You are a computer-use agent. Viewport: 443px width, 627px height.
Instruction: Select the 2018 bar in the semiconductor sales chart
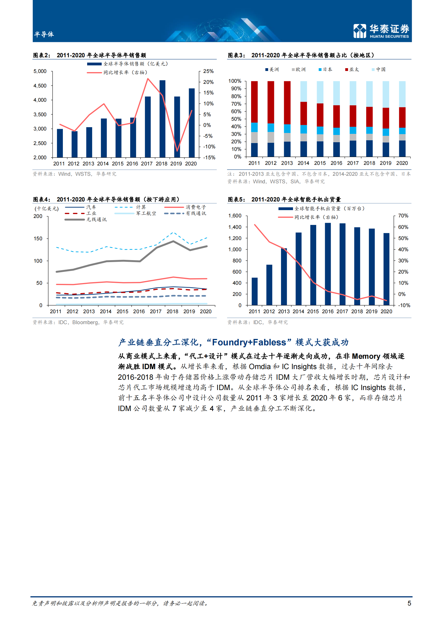(x=162, y=119)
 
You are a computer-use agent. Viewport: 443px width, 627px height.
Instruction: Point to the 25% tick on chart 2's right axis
(x=208, y=71)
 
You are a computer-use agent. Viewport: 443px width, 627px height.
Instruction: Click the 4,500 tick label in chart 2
(x=40, y=86)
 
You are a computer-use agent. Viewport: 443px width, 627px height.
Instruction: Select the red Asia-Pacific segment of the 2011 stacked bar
(x=254, y=102)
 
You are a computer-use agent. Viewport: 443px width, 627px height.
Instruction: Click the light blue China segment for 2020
(x=402, y=94)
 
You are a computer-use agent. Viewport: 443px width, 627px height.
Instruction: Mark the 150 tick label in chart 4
(x=38, y=239)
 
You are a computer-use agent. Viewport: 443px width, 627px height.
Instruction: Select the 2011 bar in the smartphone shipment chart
(x=254, y=291)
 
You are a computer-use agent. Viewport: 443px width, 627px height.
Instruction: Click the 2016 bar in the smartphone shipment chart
(x=328, y=264)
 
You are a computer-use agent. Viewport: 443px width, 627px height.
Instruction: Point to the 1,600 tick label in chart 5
(x=235, y=216)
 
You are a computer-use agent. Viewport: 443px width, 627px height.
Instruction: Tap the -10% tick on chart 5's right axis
(x=404, y=305)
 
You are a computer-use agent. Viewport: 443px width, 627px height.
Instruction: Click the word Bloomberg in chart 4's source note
(x=85, y=322)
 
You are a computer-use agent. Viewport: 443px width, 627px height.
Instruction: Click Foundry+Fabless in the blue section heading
(x=249, y=342)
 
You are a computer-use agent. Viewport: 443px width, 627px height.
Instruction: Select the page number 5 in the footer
(x=409, y=603)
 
